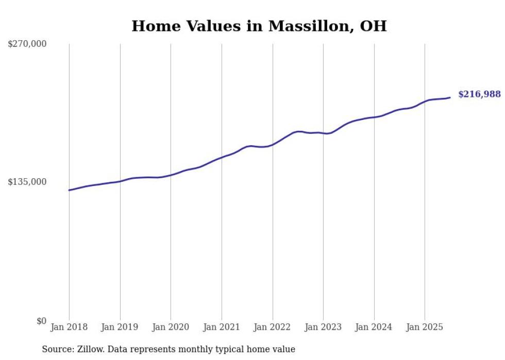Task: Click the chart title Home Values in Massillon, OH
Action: coord(259,26)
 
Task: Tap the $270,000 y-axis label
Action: coord(27,44)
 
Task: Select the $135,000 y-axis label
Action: coord(27,182)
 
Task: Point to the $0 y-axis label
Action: coord(41,321)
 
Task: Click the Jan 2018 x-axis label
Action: coord(69,327)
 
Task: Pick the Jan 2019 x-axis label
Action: coord(120,327)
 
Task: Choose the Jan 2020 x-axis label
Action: coord(171,327)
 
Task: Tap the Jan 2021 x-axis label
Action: coord(222,327)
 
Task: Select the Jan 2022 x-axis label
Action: coord(273,327)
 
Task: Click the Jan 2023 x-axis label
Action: coord(323,327)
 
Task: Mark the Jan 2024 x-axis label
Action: coord(374,327)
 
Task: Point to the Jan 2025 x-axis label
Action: coord(425,327)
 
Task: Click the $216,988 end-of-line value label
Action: coord(479,94)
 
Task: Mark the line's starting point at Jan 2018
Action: coord(69,190)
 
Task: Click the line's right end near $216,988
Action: coord(450,97)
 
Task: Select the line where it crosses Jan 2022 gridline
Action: coord(273,144)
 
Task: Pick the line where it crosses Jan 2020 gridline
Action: coord(171,175)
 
